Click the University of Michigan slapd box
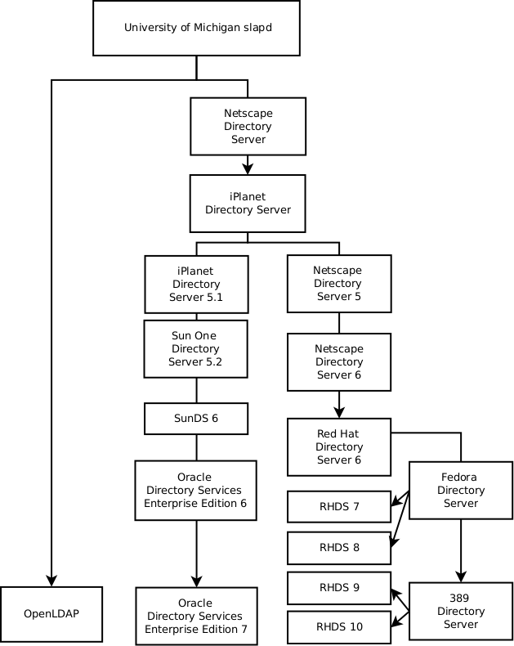click(x=197, y=28)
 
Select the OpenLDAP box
click(x=51, y=613)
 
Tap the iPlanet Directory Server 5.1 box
click(x=196, y=284)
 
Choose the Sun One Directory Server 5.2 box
click(x=196, y=349)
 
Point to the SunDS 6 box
click(x=196, y=418)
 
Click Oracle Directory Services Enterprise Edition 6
click(x=195, y=490)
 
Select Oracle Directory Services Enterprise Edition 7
click(x=195, y=616)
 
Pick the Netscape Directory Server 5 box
click(x=338, y=284)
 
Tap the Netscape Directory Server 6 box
click(x=338, y=361)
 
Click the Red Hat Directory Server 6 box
click(x=338, y=446)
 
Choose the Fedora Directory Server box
click(x=461, y=490)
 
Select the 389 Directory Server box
click(x=461, y=611)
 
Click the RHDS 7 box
click(x=339, y=506)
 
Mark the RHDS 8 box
click(x=339, y=547)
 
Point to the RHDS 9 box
click(x=339, y=587)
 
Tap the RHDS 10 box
click(x=339, y=627)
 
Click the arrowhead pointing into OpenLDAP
click(x=51, y=581)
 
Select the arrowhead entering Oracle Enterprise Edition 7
click(x=196, y=581)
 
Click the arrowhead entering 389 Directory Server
click(x=461, y=576)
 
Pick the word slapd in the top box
click(x=257, y=28)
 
